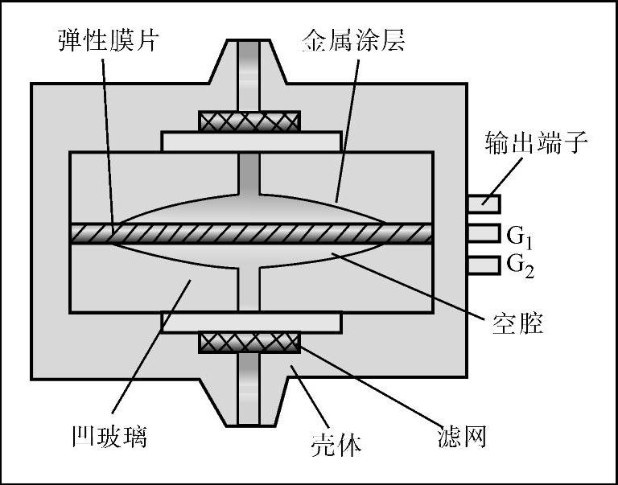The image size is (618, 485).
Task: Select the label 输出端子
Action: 538,146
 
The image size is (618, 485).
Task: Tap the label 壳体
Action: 336,442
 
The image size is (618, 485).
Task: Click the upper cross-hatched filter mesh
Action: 249,121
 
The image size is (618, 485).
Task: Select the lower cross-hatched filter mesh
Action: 249,343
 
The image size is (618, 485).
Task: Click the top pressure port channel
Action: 249,72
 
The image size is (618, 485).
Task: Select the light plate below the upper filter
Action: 251,142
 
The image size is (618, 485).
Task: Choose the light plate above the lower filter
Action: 251,323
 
